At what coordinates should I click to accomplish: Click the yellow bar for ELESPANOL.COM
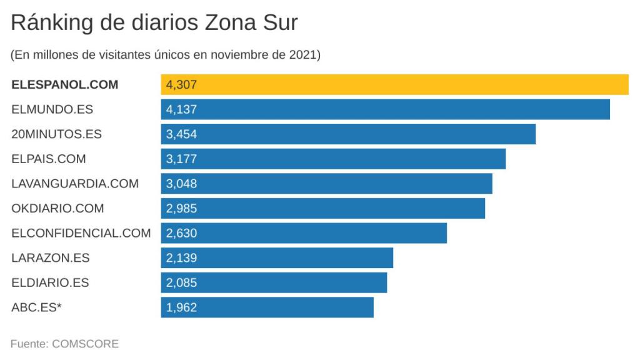(x=394, y=84)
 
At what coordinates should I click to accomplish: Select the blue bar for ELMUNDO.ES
(x=385, y=109)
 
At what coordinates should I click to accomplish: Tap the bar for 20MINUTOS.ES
(x=348, y=134)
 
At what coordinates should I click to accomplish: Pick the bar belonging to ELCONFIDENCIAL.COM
(x=304, y=233)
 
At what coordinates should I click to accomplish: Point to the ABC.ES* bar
(x=267, y=307)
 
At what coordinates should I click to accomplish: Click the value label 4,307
(x=182, y=84)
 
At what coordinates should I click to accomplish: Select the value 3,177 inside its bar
(x=182, y=159)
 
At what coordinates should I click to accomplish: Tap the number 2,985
(x=182, y=208)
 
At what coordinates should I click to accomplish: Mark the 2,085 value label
(x=182, y=282)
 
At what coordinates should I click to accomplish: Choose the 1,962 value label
(x=182, y=307)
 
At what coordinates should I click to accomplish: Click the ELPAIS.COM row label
(x=49, y=159)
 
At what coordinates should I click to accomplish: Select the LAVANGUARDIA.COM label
(x=75, y=184)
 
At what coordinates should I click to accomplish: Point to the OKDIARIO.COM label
(x=57, y=208)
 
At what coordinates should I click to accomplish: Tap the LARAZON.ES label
(x=51, y=257)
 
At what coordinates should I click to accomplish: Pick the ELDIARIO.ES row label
(x=50, y=282)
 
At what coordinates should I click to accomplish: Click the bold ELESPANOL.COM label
(x=64, y=84)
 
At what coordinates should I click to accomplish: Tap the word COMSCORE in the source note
(x=86, y=344)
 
